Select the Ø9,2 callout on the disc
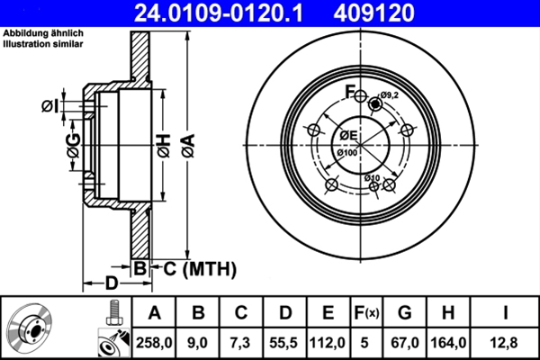(x=389, y=94)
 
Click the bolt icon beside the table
(x=112, y=312)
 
